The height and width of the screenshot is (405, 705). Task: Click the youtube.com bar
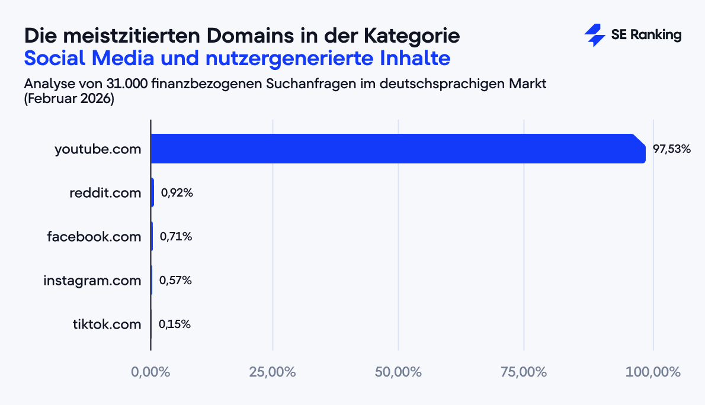(397, 149)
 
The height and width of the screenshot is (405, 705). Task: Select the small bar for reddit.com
(152, 192)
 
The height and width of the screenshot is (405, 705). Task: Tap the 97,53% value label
(672, 149)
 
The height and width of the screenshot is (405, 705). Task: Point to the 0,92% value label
(177, 193)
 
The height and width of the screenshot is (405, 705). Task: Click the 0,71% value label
(176, 237)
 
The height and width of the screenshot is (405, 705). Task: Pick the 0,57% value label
(176, 281)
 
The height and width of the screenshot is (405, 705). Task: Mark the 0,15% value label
(175, 324)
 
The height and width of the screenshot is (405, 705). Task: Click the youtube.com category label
(98, 149)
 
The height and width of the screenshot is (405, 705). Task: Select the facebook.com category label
(94, 237)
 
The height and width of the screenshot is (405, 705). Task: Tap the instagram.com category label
(92, 281)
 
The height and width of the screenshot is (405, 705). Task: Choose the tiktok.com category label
(107, 324)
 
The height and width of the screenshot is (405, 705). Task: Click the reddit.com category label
(105, 193)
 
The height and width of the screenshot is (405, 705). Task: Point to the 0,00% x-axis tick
(150, 372)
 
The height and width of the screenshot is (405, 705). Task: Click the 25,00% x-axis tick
(273, 372)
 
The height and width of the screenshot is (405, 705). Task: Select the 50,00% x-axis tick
(398, 372)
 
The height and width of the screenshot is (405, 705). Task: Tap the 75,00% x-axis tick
(524, 372)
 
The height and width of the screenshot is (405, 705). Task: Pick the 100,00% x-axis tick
(653, 372)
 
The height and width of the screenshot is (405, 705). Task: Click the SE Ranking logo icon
(594, 36)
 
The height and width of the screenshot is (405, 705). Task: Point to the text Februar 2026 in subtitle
(69, 99)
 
